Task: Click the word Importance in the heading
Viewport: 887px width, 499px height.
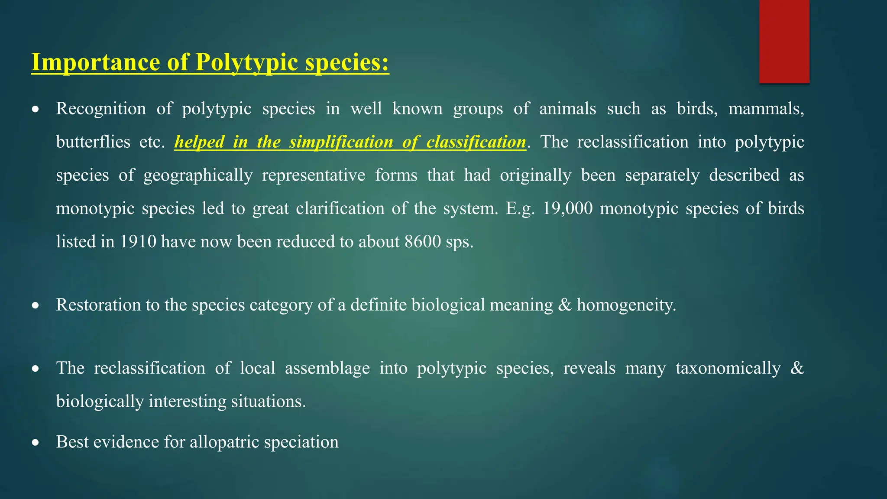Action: (96, 62)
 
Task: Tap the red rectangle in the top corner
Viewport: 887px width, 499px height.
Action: (784, 42)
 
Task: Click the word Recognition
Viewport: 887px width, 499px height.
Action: (101, 109)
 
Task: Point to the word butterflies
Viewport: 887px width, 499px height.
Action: (93, 142)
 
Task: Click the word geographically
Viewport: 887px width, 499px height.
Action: (198, 175)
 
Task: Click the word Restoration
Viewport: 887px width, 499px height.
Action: (98, 305)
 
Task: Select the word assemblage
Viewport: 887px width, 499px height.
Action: (327, 368)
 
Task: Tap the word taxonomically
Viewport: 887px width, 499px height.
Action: (728, 368)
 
